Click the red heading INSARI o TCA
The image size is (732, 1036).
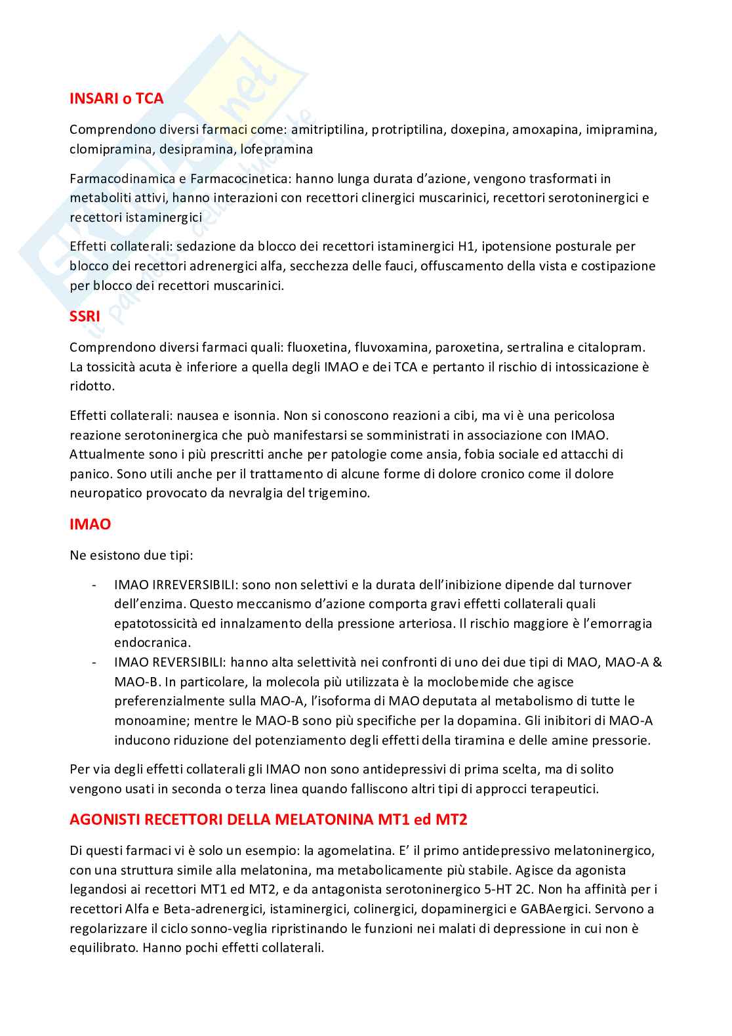[x=116, y=99]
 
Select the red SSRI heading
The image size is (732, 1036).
[x=85, y=317]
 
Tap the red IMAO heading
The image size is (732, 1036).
[x=90, y=524]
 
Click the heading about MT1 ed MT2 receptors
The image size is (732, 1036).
[x=268, y=819]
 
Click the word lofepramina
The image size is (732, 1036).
[x=277, y=149]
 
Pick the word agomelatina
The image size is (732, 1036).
[x=354, y=851]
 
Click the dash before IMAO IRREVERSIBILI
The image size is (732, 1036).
[x=96, y=585]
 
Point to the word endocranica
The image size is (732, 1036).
[x=152, y=642]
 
